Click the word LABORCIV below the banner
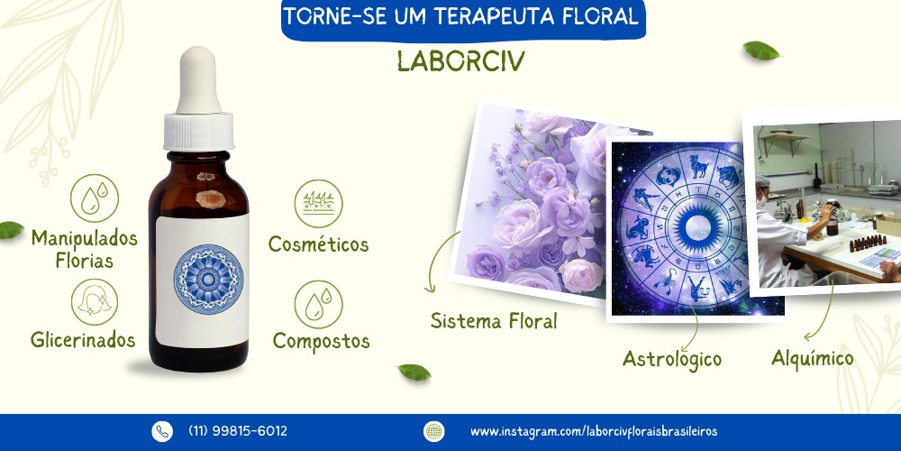click(460, 61)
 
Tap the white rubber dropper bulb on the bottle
click(198, 80)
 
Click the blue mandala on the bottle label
click(208, 279)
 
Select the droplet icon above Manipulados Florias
click(95, 198)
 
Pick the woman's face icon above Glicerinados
click(95, 302)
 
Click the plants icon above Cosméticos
click(318, 204)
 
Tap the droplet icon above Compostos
click(318, 304)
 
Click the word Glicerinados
click(83, 340)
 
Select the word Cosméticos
click(318, 244)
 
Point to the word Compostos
click(322, 341)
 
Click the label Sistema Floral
click(494, 320)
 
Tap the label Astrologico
click(672, 360)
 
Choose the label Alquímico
click(813, 358)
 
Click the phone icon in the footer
click(162, 431)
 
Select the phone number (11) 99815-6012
click(238, 431)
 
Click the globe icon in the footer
click(434, 431)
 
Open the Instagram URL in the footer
click(594, 431)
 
